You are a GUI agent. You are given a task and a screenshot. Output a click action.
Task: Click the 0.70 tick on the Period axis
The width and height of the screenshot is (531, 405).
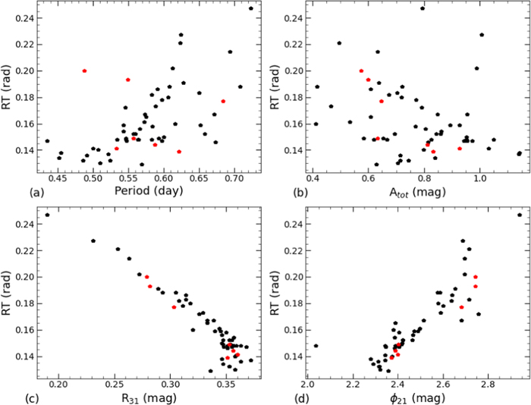pyautogui.click(x=234, y=178)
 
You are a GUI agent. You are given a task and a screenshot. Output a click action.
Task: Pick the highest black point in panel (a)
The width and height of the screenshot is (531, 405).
pyautogui.click(x=251, y=8)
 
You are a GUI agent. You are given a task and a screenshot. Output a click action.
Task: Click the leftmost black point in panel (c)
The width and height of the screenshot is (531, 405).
pyautogui.click(x=47, y=215)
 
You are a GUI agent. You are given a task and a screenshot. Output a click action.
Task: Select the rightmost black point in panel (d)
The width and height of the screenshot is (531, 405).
pyautogui.click(x=520, y=215)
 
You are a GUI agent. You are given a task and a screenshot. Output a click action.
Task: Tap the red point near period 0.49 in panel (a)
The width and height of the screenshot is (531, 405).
pyautogui.click(x=84, y=71)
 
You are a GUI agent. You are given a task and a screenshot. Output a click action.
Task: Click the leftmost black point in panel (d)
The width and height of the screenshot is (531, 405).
pyautogui.click(x=316, y=346)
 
